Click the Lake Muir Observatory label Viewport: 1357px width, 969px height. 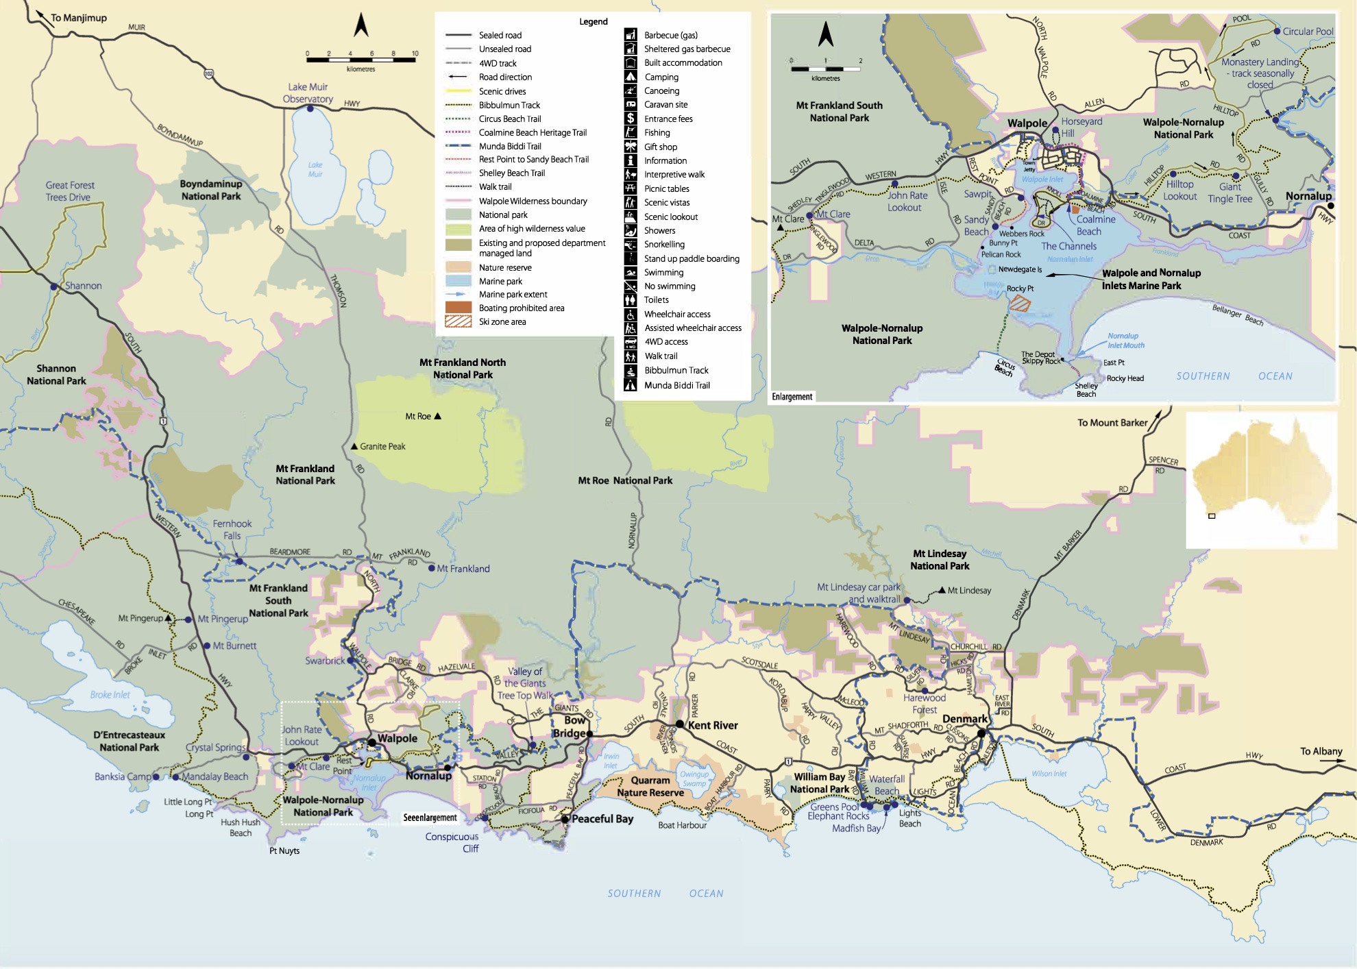(308, 93)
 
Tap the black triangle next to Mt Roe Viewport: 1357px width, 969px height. (438, 416)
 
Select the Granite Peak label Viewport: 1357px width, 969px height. (382, 446)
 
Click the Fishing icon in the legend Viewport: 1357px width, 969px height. (631, 132)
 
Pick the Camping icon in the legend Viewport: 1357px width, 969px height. (631, 77)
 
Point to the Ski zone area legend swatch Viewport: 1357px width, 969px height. (458, 321)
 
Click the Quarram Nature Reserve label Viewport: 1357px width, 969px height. (650, 787)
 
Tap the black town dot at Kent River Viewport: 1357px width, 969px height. (679, 724)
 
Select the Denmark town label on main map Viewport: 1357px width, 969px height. (965, 719)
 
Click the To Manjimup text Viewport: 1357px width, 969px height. (78, 18)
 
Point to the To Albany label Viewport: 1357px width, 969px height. (1321, 751)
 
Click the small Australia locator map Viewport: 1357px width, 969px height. (1261, 479)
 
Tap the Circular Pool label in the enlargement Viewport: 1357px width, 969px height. (1308, 32)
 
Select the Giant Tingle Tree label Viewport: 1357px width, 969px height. (1230, 193)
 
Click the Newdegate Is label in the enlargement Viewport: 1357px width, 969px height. (1019, 269)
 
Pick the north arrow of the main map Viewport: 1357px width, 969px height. (361, 25)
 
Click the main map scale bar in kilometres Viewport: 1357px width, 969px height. (360, 60)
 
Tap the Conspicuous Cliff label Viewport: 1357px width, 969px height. (452, 842)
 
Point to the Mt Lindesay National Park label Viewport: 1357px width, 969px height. (939, 560)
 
